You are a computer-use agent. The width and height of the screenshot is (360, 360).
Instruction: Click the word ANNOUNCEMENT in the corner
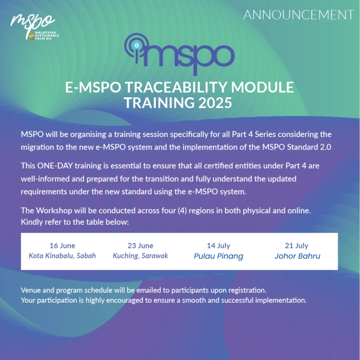point(298,15)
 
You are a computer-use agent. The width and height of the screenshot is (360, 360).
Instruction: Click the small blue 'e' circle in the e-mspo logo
point(137,45)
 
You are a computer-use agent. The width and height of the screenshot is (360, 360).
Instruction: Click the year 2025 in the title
point(215,103)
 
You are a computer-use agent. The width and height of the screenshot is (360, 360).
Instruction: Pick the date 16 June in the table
point(63,246)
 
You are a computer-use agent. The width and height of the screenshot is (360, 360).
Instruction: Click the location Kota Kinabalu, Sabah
point(62,256)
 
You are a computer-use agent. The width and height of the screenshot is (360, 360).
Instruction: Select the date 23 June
point(141,246)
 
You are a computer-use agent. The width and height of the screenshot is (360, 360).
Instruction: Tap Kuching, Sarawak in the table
point(141,256)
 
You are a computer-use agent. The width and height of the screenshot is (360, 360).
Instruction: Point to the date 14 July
point(219,246)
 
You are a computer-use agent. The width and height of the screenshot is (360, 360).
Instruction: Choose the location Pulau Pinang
point(219,256)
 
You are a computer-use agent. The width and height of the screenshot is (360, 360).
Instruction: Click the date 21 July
point(297,246)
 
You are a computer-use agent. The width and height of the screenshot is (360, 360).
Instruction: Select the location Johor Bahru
point(297,256)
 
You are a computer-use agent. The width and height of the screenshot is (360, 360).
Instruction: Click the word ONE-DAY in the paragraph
point(55,166)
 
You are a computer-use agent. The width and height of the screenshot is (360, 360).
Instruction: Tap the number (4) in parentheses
point(182,211)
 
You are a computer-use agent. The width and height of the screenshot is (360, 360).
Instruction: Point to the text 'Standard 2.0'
point(309,147)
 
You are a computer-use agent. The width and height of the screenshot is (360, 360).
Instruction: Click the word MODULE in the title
point(262,87)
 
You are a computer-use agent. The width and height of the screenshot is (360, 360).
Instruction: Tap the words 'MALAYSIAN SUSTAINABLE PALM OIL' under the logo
point(47,36)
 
